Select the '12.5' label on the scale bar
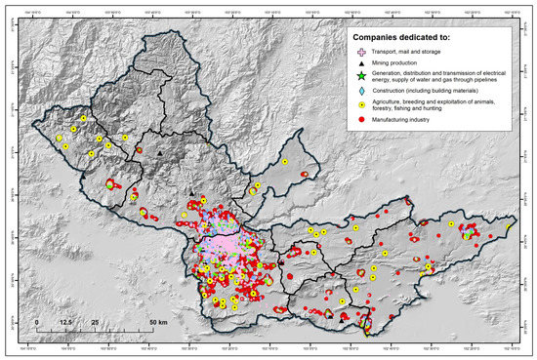(x=66, y=321)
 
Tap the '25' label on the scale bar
(x=96, y=321)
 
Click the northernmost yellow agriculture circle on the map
(x=84, y=118)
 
